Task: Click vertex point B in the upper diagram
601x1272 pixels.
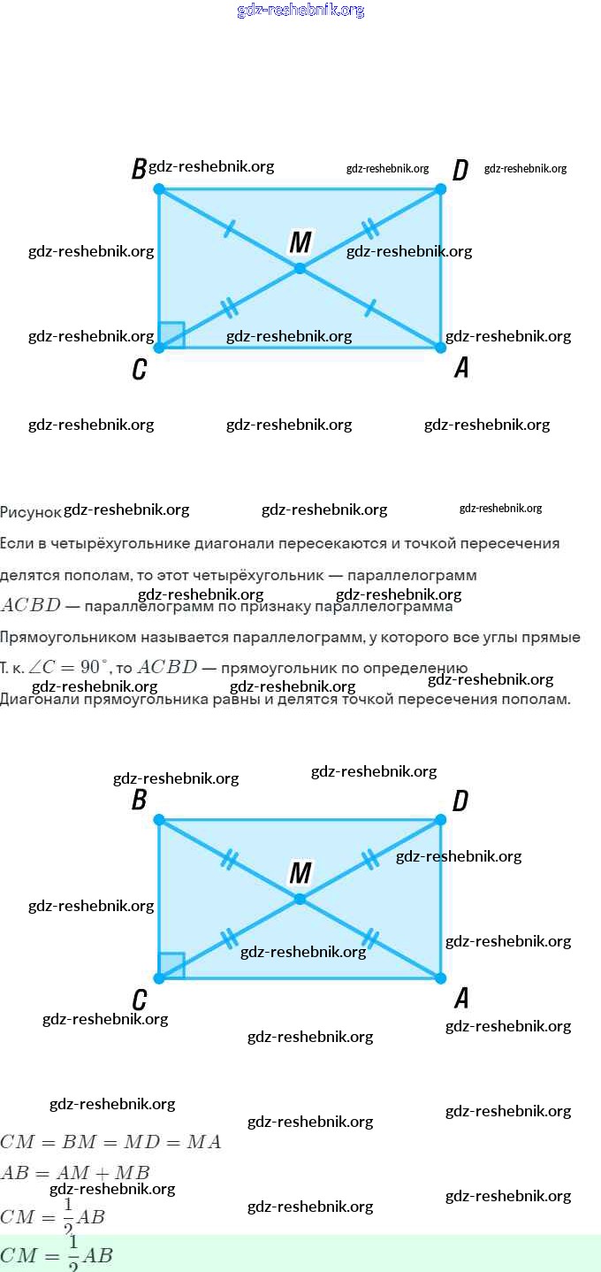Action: [x=159, y=189]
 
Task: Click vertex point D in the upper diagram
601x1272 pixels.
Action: [x=441, y=189]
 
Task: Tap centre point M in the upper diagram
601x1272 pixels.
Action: [x=300, y=268]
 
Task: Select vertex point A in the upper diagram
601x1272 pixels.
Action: [x=441, y=347]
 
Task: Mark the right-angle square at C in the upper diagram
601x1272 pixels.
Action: [x=172, y=334]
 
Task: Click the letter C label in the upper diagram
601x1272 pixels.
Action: [x=139, y=370]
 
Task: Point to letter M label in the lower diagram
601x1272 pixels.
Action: [x=300, y=873]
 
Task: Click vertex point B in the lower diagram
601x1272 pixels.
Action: [x=159, y=820]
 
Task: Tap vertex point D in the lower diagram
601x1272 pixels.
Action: [x=441, y=820]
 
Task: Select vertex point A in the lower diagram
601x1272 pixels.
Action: [x=441, y=977]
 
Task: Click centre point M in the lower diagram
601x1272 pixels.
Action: [x=300, y=899]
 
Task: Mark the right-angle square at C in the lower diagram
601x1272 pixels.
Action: [x=172, y=965]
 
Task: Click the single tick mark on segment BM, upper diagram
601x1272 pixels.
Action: [x=229, y=229]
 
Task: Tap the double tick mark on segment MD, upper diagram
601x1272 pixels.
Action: [x=370, y=228]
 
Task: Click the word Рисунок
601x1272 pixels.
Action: [x=31, y=512]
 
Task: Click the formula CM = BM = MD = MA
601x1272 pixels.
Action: [x=110, y=1142]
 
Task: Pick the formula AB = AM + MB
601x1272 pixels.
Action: [x=75, y=1173]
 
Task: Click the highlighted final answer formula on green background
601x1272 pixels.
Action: [x=57, y=1254]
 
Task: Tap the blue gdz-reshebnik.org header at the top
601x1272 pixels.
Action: [x=300, y=11]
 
